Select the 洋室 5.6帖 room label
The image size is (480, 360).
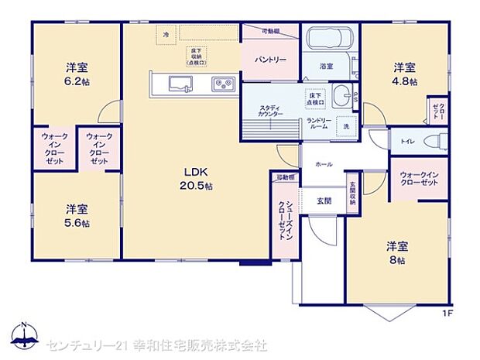click(x=76, y=215)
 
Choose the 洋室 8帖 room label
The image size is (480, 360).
click(x=396, y=253)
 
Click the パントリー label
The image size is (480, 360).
click(x=270, y=60)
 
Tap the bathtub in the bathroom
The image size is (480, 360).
click(x=330, y=39)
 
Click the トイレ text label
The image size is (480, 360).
click(x=406, y=143)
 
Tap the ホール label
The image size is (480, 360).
click(x=324, y=165)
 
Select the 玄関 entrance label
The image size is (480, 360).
click(x=324, y=201)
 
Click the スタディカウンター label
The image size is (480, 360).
click(x=270, y=109)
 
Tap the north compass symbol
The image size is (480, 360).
click(x=25, y=336)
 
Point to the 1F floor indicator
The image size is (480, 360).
click(x=447, y=314)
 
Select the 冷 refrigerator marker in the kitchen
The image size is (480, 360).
click(x=165, y=34)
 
